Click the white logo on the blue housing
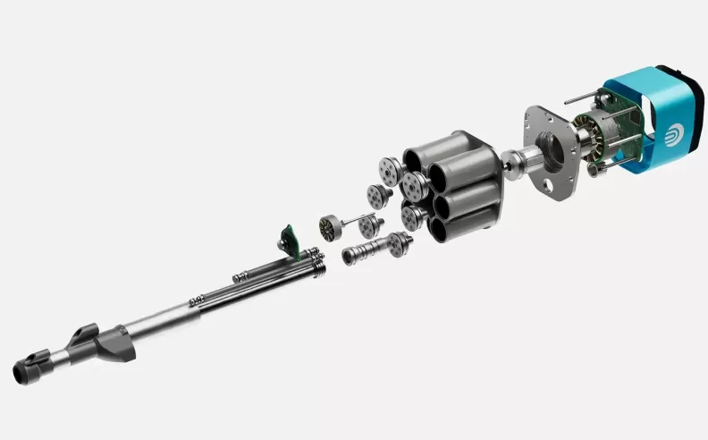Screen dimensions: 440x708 [674, 135]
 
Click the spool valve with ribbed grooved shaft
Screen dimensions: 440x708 [362, 254]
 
